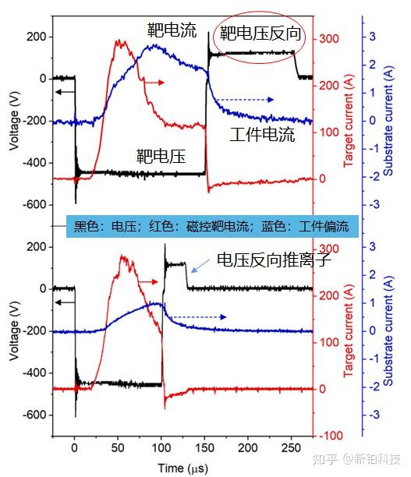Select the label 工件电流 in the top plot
(263, 134)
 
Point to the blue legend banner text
(211, 227)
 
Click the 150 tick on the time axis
(204, 450)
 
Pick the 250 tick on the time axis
(290, 450)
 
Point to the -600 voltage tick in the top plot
(33, 205)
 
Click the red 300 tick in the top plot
(331, 38)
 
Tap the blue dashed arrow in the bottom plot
(198, 317)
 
